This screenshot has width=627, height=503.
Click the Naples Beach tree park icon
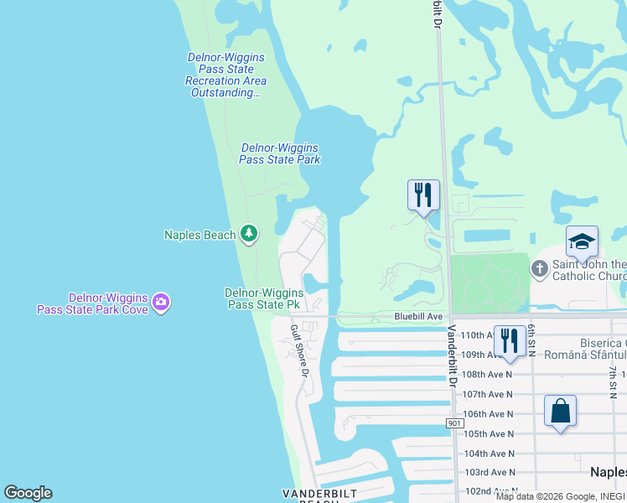248,233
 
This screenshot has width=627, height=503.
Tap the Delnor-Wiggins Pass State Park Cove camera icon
161,302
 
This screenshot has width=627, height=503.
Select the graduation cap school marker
582,243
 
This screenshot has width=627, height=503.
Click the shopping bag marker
560,412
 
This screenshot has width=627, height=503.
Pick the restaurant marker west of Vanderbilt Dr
423,196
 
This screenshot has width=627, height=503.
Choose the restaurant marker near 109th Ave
510,341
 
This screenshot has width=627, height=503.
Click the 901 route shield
454,425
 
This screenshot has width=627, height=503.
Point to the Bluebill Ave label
418,316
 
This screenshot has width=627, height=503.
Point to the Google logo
28,493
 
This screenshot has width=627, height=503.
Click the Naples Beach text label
199,235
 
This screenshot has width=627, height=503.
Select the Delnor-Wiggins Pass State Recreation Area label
225,75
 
